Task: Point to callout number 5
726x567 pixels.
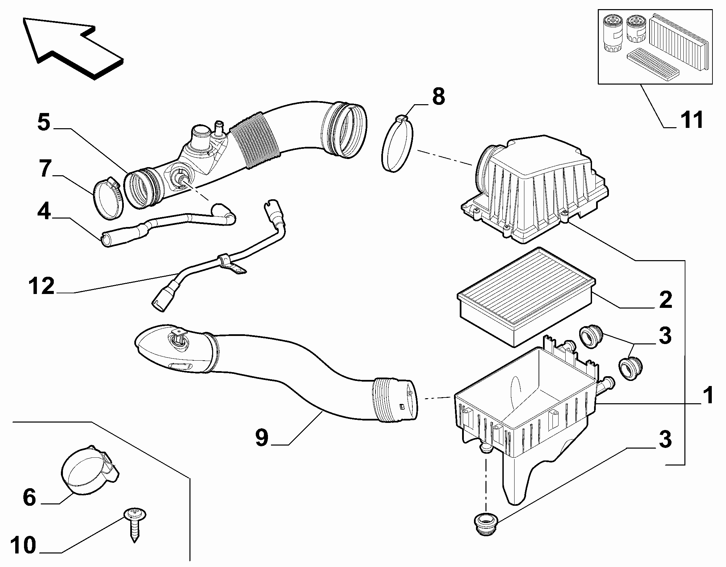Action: click(x=44, y=122)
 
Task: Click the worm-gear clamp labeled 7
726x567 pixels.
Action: click(x=108, y=199)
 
